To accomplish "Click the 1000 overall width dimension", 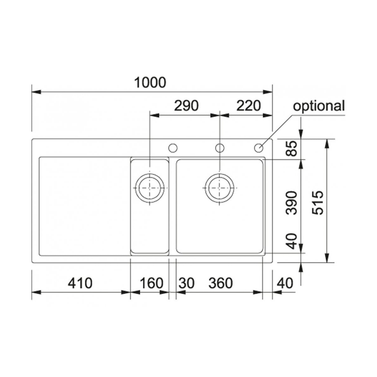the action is (x=150, y=83).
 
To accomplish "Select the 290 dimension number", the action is (x=186, y=106).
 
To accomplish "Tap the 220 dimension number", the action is (x=249, y=106).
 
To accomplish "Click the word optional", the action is (x=319, y=106).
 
